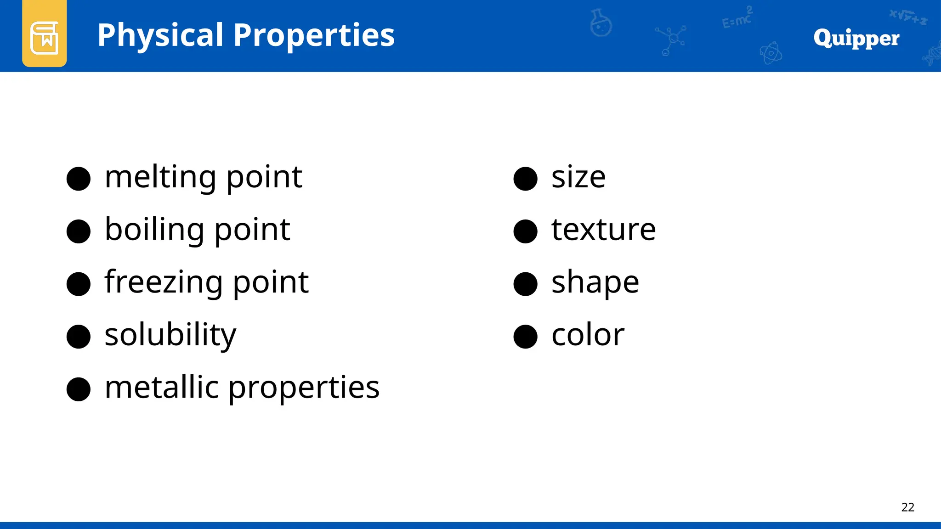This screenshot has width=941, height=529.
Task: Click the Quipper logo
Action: [856, 38]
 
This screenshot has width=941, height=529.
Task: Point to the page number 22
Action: [907, 507]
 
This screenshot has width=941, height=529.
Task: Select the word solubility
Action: [170, 335]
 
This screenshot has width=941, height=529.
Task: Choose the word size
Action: [578, 178]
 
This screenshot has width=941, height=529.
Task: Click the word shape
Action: [595, 282]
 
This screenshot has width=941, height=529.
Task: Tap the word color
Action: [588, 335]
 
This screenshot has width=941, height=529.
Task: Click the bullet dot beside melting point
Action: [79, 179]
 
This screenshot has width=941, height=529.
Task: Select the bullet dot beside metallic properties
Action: [79, 389]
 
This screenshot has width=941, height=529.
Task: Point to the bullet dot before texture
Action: [525, 231]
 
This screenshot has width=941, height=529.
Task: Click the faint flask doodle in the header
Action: [601, 23]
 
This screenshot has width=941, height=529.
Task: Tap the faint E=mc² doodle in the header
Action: [737, 18]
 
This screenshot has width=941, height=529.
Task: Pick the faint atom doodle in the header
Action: [771, 53]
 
